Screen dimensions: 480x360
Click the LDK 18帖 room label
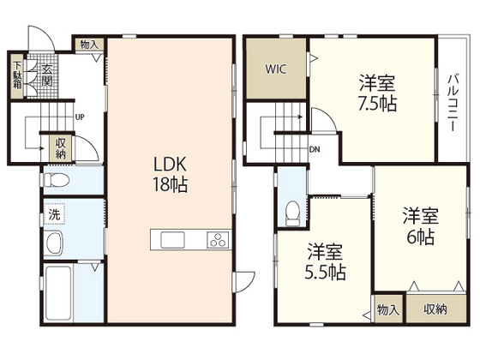[x=171, y=175]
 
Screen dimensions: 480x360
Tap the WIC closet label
[x=276, y=69]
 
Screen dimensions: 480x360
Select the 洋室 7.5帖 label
[x=377, y=93]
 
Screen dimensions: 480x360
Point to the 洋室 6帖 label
[x=420, y=226]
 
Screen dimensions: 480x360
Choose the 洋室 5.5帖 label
[x=325, y=261]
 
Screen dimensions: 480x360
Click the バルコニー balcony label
[x=453, y=103]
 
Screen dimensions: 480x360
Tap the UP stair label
[x=80, y=117]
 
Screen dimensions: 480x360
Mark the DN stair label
[x=315, y=150]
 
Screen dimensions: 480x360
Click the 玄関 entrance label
[x=46, y=75]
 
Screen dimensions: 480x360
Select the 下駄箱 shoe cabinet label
[x=17, y=75]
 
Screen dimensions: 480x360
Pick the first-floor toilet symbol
[x=57, y=180]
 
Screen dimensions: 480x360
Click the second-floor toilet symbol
[x=292, y=213]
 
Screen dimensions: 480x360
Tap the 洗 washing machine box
[x=54, y=214]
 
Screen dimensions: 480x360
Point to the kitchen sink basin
[x=172, y=240]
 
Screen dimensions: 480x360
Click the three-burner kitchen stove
[x=219, y=240]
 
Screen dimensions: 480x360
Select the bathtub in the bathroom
[x=58, y=293]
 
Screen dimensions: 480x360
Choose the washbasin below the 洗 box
[x=54, y=243]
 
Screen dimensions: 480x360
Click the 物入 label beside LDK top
[x=89, y=45]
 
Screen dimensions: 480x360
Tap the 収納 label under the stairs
[x=60, y=148]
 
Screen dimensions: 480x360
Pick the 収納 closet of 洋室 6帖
[x=436, y=309]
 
